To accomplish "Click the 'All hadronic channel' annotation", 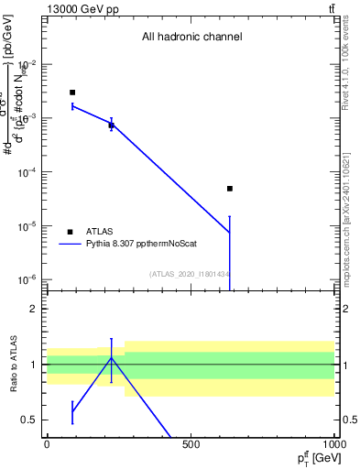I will tap(191, 38).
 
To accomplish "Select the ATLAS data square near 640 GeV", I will tap(230, 189).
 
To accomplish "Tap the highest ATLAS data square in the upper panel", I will tap(72, 93).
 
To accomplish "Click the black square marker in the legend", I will tap(70, 232).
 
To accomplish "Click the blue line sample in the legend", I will tap(70, 245).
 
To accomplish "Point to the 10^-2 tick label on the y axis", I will tap(27, 64).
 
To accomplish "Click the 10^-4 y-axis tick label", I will tap(27, 172).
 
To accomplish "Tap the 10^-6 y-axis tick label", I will tap(27, 279).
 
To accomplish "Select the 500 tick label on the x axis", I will tap(191, 444).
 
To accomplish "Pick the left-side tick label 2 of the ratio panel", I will tap(34, 309).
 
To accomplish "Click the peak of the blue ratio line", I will tap(112, 357).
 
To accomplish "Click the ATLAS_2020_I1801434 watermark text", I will tap(190, 273).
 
